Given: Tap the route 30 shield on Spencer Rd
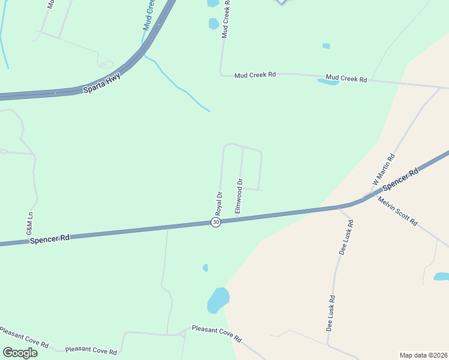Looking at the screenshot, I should (216, 222).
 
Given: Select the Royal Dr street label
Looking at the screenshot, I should (219, 203).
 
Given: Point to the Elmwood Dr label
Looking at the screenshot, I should (238, 196).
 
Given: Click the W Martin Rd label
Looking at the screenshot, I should (384, 170).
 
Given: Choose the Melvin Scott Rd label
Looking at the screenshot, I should (397, 211).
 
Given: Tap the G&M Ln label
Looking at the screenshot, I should (29, 223).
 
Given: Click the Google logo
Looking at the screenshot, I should (20, 352).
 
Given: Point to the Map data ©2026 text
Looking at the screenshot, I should (423, 355).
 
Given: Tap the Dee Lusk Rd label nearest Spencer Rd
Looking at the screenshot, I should (346, 238).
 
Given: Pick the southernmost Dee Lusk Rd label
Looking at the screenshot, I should (331, 313).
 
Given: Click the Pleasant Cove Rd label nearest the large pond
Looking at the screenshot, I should (216, 334).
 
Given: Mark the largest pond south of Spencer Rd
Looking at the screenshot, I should (218, 299).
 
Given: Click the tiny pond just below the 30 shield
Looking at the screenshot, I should (205, 268).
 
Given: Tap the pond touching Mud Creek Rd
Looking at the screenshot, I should (328, 82).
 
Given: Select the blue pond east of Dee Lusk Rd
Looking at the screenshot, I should (441, 277).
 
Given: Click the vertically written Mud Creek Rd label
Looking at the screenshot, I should (226, 19).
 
